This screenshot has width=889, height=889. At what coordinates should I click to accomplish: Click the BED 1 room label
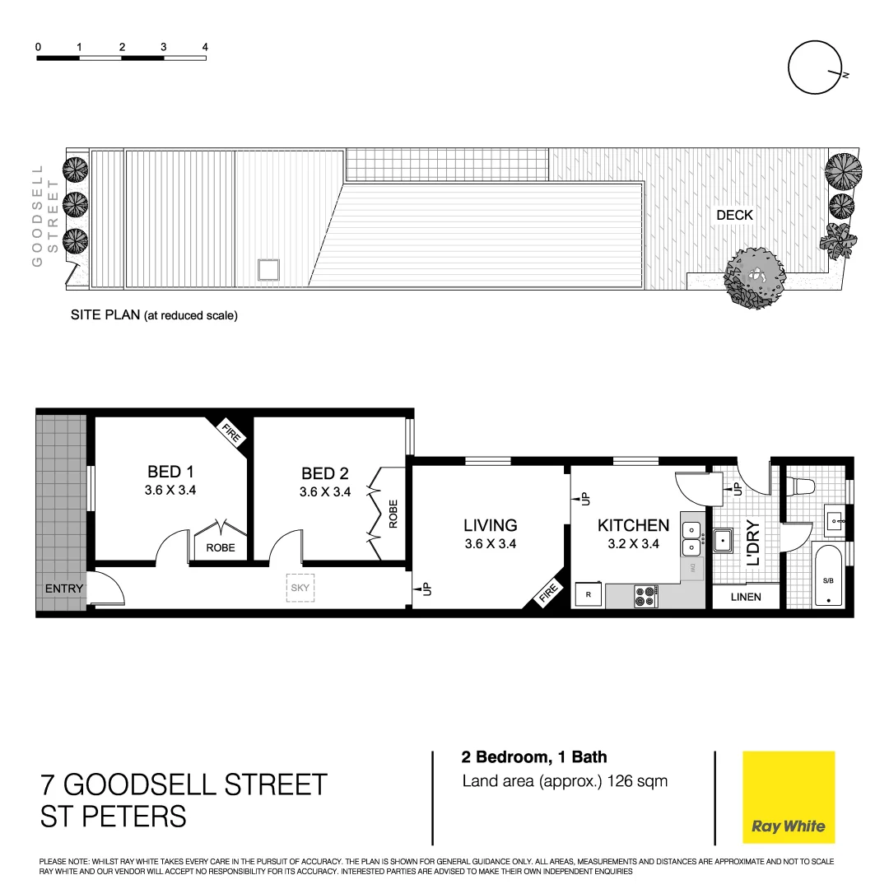[170, 472]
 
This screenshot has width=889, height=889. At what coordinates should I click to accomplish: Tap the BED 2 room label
[325, 473]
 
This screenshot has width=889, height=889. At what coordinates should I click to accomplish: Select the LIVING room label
[490, 525]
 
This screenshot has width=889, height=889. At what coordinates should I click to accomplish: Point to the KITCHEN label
[633, 525]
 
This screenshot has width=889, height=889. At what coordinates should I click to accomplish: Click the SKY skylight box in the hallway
[300, 588]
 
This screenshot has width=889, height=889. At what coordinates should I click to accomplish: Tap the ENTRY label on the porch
[64, 589]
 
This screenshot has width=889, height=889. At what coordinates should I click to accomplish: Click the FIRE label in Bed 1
[230, 433]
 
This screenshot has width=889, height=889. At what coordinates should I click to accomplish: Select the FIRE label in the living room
[548, 593]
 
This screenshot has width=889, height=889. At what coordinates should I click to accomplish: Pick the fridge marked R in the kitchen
[589, 594]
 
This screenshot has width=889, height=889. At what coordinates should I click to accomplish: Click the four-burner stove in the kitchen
[645, 596]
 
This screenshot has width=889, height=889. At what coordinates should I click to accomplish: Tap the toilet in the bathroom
[800, 485]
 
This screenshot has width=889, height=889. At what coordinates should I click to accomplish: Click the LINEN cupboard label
[746, 597]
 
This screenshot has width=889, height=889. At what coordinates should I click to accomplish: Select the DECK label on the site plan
[734, 215]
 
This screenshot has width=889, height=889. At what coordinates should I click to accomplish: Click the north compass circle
[815, 68]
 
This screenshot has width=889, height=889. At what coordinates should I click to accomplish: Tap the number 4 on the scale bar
[205, 47]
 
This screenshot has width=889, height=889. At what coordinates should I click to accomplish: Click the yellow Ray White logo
[789, 798]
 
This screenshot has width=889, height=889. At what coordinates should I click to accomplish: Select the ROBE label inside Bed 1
[220, 547]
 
